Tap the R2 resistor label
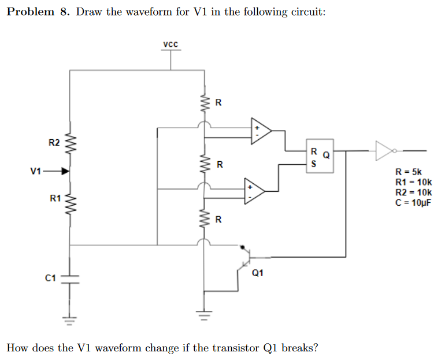click(x=54, y=143)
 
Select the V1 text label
click(x=36, y=171)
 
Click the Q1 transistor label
click(x=258, y=273)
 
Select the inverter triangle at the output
click(x=384, y=151)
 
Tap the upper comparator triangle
click(x=260, y=130)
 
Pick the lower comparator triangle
click(x=254, y=192)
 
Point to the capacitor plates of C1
click(x=71, y=279)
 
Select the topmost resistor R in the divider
click(x=203, y=104)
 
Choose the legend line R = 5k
click(x=409, y=172)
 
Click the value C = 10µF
click(x=413, y=202)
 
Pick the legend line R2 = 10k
click(x=412, y=192)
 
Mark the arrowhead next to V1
click(x=65, y=171)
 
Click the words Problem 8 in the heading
click(x=39, y=12)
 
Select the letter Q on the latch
click(x=327, y=155)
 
